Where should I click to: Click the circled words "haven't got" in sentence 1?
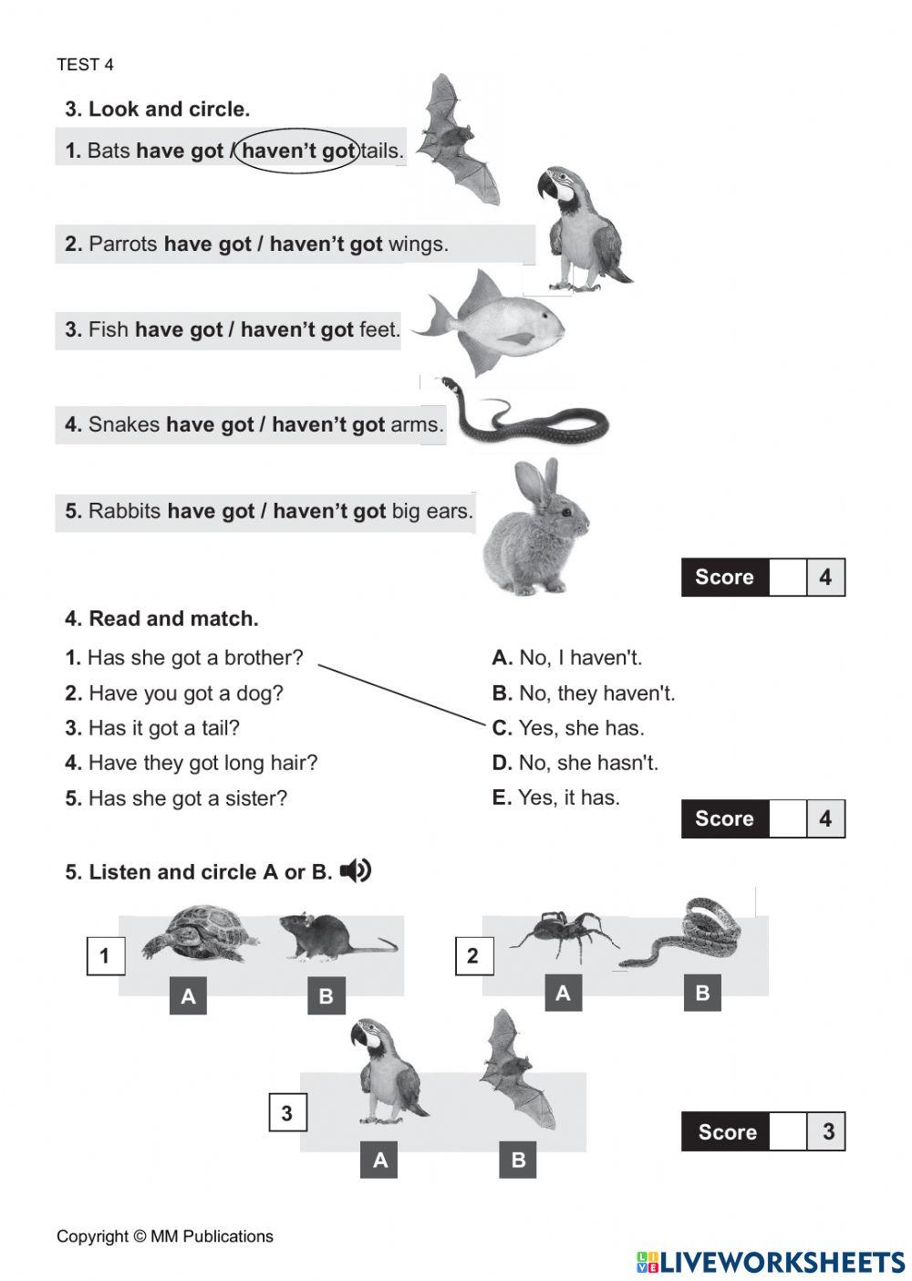(x=297, y=151)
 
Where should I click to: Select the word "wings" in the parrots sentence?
(x=418, y=245)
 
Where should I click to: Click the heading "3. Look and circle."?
(x=157, y=109)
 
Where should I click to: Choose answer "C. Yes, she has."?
(x=567, y=728)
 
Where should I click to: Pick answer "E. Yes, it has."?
(x=555, y=797)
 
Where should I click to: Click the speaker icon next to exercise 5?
(x=356, y=871)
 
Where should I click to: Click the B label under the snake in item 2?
(x=702, y=993)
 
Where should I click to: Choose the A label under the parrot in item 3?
(x=380, y=1160)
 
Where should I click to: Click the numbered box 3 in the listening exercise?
(x=286, y=1113)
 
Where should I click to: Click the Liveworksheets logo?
(x=771, y=1262)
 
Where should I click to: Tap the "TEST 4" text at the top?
(x=85, y=65)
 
